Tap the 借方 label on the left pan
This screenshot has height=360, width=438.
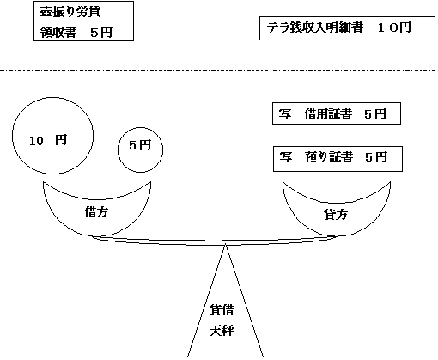coord(96,211)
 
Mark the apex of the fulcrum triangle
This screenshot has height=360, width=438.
coord(225,245)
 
